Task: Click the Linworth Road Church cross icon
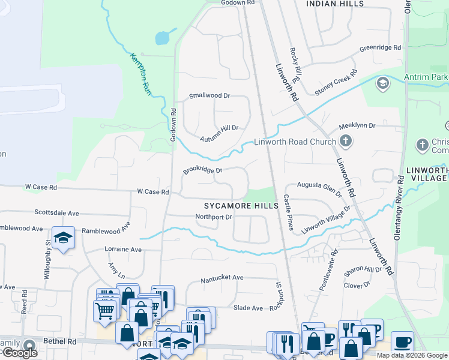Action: pyautogui.click(x=345, y=142)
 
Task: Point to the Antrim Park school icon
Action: pyautogui.click(x=382, y=83)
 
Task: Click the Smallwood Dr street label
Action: pyautogui.click(x=209, y=95)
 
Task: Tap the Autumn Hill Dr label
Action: pyautogui.click(x=219, y=128)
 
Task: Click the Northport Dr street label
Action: pyautogui.click(x=213, y=217)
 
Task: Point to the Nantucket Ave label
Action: pyautogui.click(x=223, y=277)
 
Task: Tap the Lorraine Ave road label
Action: pyautogui.click(x=123, y=249)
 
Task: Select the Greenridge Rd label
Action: pyautogui.click(x=380, y=47)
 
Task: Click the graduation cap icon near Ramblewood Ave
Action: pyautogui.click(x=63, y=238)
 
